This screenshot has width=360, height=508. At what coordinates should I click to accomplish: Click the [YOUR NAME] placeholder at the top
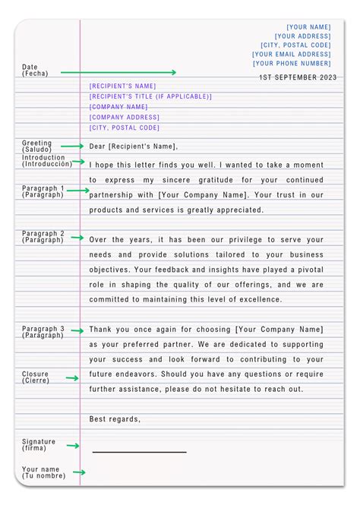(308, 27)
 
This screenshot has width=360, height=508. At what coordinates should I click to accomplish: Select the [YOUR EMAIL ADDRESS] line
(292, 55)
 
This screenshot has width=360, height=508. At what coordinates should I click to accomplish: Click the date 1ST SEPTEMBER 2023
(297, 77)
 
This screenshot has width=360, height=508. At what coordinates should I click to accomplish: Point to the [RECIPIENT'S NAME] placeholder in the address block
(122, 87)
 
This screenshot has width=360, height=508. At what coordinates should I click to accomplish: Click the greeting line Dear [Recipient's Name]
(134, 147)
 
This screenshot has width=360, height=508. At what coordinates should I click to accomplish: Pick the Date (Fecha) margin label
(35, 70)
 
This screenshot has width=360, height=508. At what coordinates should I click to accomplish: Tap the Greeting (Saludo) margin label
(37, 146)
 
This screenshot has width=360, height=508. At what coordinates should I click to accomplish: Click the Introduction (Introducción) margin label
(47, 160)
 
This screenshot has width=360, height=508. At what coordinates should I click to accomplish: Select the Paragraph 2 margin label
(43, 237)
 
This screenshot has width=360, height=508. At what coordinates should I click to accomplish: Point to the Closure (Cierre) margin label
(36, 377)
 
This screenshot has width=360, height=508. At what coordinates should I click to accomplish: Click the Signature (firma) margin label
(39, 444)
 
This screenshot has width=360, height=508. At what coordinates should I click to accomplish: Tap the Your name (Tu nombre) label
(43, 472)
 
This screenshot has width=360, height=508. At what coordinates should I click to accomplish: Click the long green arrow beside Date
(118, 73)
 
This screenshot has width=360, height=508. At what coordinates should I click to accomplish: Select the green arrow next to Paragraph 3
(76, 330)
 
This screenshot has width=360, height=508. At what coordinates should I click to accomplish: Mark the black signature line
(139, 452)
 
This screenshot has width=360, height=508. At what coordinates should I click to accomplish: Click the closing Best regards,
(115, 419)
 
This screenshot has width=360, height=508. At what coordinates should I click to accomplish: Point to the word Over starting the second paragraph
(99, 240)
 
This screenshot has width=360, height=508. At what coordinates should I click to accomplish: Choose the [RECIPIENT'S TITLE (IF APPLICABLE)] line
(150, 97)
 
